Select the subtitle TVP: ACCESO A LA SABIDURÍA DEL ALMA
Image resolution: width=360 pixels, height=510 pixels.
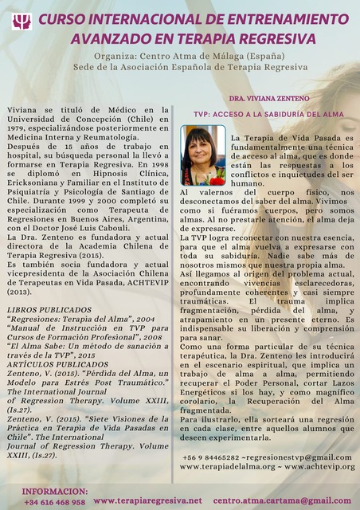click(268, 114)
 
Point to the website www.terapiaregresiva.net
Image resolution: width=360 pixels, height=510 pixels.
click(147, 500)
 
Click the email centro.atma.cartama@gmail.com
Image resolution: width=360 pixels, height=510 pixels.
click(282, 500)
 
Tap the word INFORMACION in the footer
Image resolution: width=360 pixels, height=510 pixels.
click(54, 491)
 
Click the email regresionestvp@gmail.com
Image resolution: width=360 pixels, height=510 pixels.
click(298, 457)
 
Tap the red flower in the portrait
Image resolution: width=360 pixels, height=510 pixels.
click(216, 180)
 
